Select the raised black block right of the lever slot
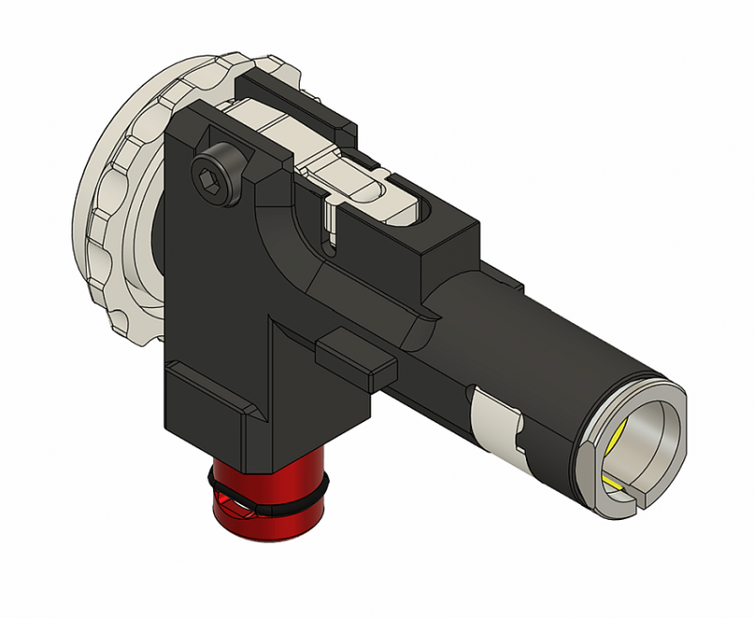443,236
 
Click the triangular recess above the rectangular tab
292,339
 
